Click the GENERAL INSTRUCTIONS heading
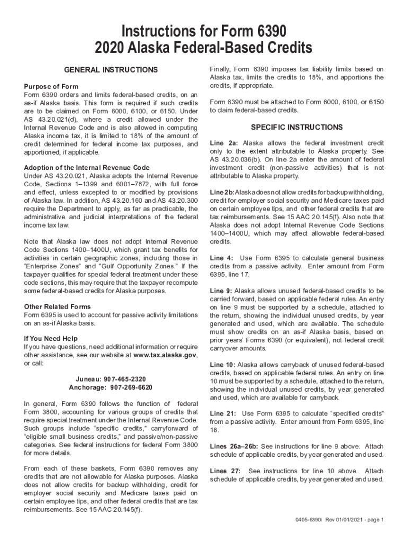[111, 70]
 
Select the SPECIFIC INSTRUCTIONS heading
[297, 128]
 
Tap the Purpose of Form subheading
[51, 86]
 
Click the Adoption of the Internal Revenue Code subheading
[91, 168]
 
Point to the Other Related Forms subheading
[57, 307]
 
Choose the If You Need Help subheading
[50, 339]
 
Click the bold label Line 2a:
[224, 143]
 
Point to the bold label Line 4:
[221, 258]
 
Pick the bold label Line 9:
[221, 291]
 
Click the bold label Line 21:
[223, 413]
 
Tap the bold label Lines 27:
[226, 471]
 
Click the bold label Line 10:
[223, 365]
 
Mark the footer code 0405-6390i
[313, 520]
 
